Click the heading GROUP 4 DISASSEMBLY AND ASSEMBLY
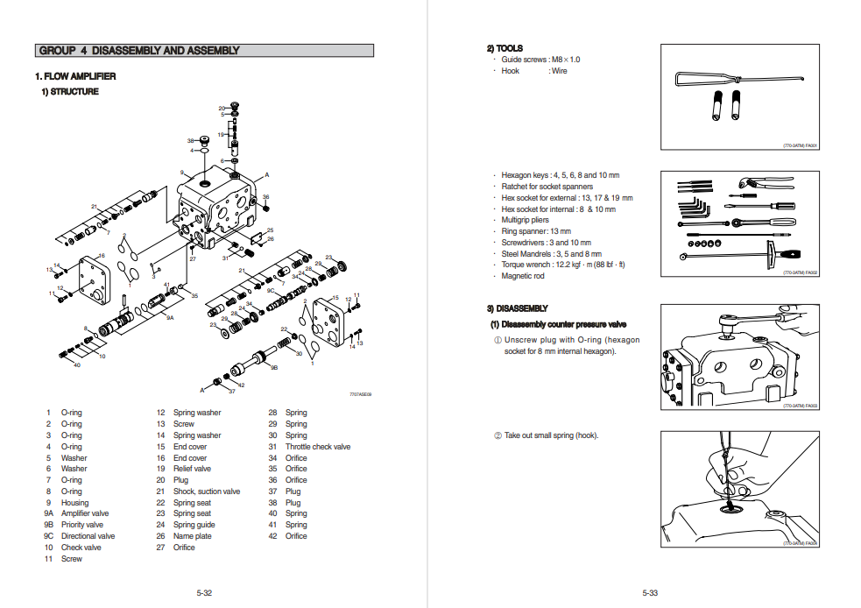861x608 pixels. (x=139, y=51)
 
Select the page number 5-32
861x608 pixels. (x=204, y=593)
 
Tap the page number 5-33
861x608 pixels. (x=649, y=593)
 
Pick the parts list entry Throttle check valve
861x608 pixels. (x=317, y=447)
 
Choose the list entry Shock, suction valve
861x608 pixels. (x=206, y=491)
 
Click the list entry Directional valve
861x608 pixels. (x=88, y=536)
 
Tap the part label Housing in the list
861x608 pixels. (x=74, y=503)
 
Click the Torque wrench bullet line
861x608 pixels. (x=562, y=265)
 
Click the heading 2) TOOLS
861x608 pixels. (x=505, y=48)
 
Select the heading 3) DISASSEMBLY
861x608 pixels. (x=517, y=308)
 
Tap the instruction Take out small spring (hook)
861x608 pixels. (x=550, y=435)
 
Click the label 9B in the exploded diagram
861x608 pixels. (x=274, y=368)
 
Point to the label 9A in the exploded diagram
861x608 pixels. (x=170, y=318)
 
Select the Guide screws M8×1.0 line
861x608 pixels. (x=540, y=60)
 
